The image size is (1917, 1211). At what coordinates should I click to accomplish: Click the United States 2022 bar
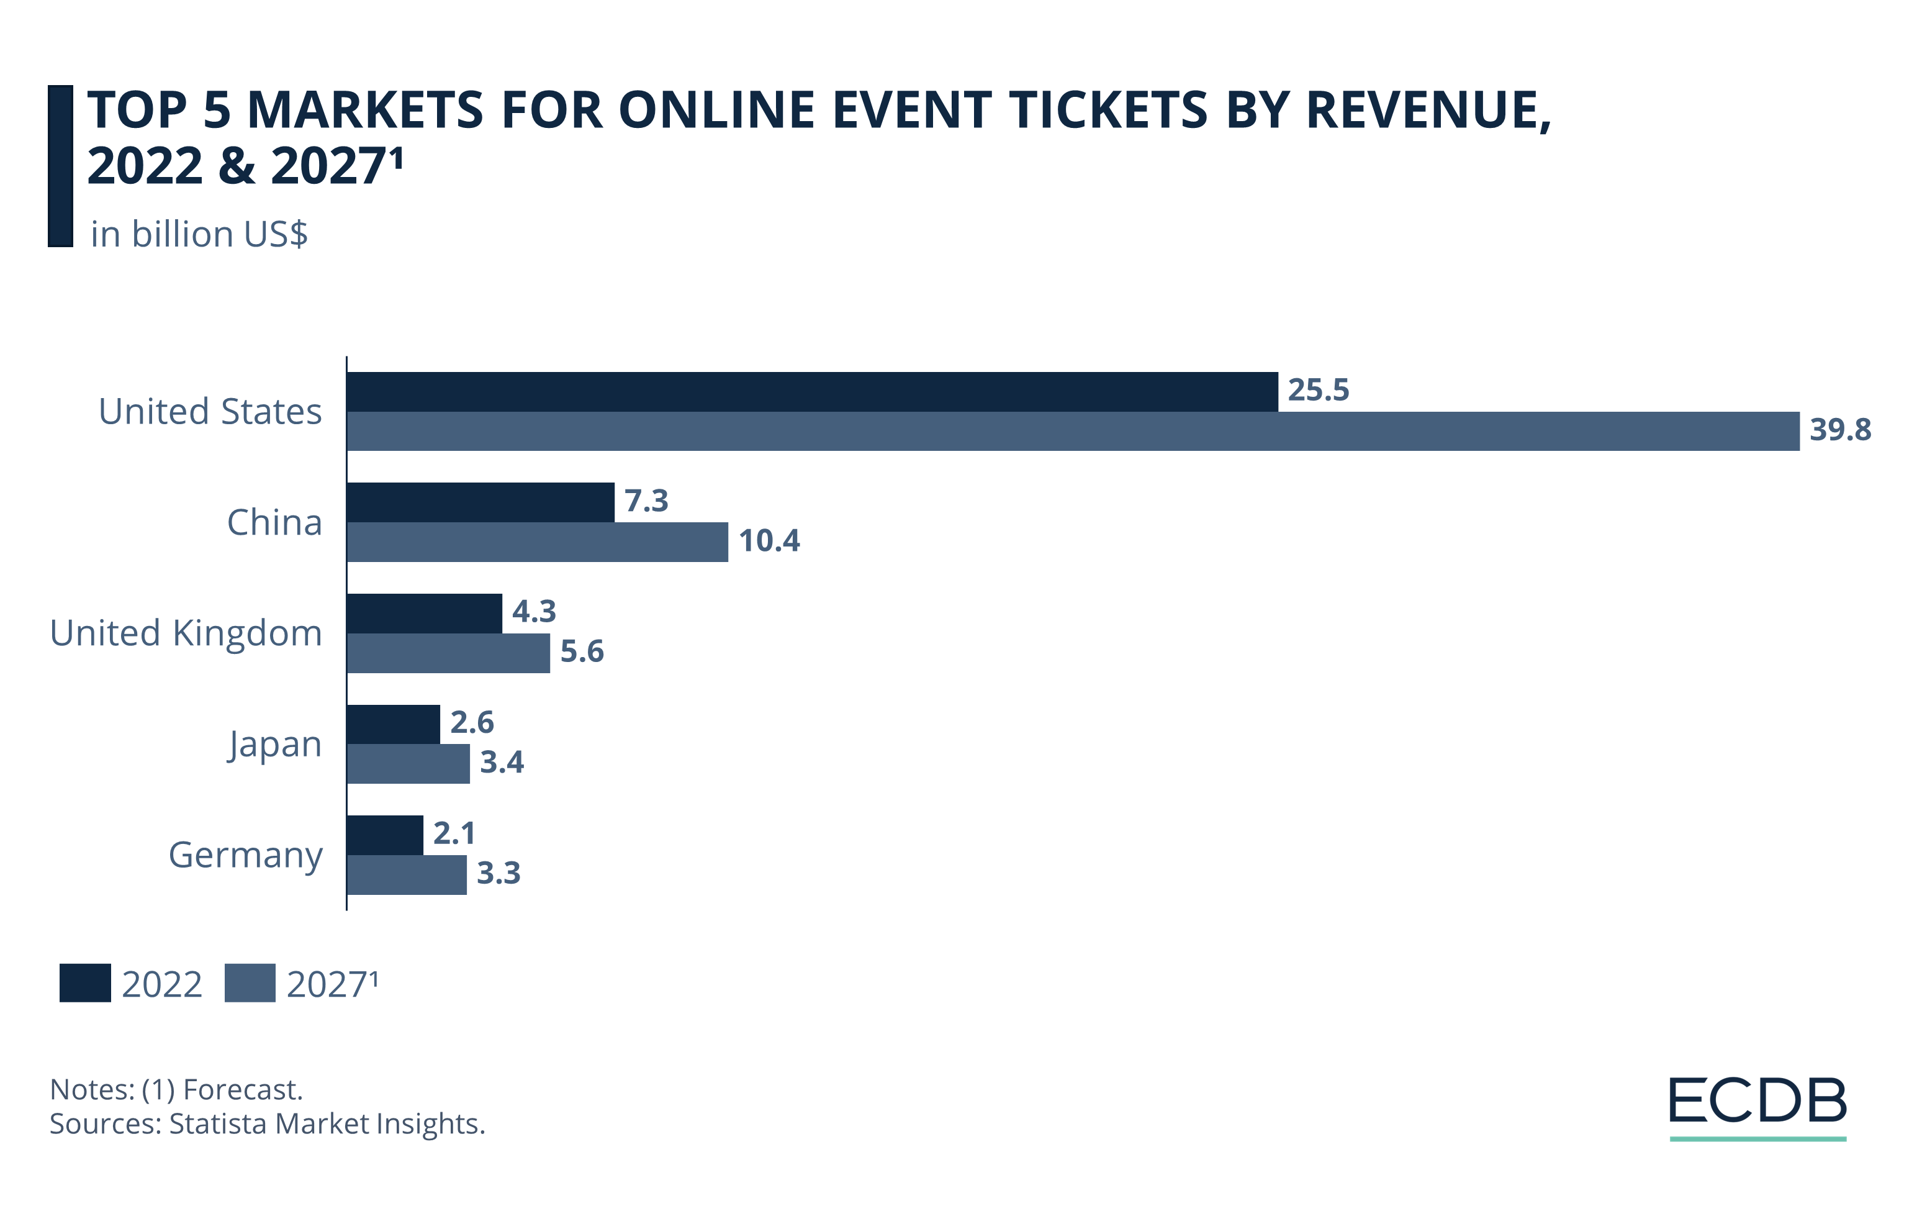[x=812, y=392]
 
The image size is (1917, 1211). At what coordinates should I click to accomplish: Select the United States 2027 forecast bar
[x=1072, y=432]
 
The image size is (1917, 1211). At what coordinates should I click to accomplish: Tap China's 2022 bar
[x=480, y=502]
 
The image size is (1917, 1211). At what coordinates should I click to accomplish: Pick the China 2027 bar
[x=538, y=542]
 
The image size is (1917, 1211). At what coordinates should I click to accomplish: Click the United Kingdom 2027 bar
[x=448, y=653]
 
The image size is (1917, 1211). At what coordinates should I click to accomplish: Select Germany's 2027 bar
[x=407, y=875]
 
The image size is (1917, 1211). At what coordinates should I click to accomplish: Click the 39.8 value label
[x=1840, y=430]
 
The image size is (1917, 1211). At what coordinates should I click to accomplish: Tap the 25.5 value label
[x=1319, y=390]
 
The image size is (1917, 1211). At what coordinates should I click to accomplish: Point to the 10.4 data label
[x=769, y=542]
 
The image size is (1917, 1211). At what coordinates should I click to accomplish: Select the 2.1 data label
[x=454, y=833]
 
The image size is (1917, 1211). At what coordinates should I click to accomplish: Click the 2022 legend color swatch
[x=85, y=983]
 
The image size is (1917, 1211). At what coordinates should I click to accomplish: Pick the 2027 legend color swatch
[x=250, y=983]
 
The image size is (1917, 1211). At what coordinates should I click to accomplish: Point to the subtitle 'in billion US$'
[x=199, y=234]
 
